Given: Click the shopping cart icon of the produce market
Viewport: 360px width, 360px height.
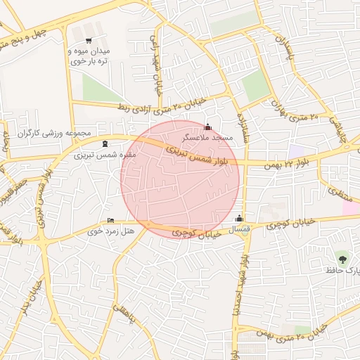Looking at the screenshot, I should pyautogui.click(x=88, y=41).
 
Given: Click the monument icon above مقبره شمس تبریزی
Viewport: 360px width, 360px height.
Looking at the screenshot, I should pyautogui.click(x=105, y=144).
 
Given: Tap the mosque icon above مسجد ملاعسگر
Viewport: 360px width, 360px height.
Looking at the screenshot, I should pyautogui.click(x=207, y=127).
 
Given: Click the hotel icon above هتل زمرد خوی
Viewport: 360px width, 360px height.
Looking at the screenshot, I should pyautogui.click(x=110, y=221).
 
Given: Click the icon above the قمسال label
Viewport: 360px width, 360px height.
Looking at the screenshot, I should pyautogui.click(x=240, y=218).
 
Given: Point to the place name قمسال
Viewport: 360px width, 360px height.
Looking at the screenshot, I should pyautogui.click(x=240, y=229).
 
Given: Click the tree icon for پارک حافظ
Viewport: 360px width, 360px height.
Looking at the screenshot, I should pyautogui.click(x=342, y=258).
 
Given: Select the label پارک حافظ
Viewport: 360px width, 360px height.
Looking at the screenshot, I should pyautogui.click(x=345, y=270).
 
